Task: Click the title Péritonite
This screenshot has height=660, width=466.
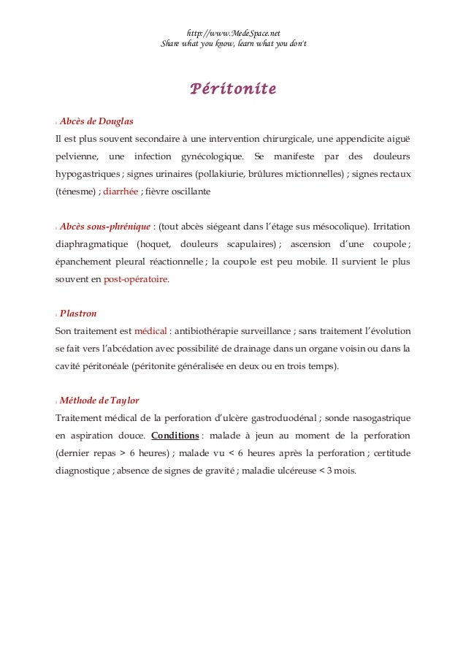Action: [x=233, y=90]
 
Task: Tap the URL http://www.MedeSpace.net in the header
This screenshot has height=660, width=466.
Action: [x=233, y=33]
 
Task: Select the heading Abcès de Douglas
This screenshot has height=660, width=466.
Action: [x=96, y=121]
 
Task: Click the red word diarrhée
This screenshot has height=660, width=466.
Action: [x=121, y=191]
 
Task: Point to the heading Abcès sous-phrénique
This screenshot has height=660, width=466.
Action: [x=106, y=227]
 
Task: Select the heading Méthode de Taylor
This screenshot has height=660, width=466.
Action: [x=99, y=401]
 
